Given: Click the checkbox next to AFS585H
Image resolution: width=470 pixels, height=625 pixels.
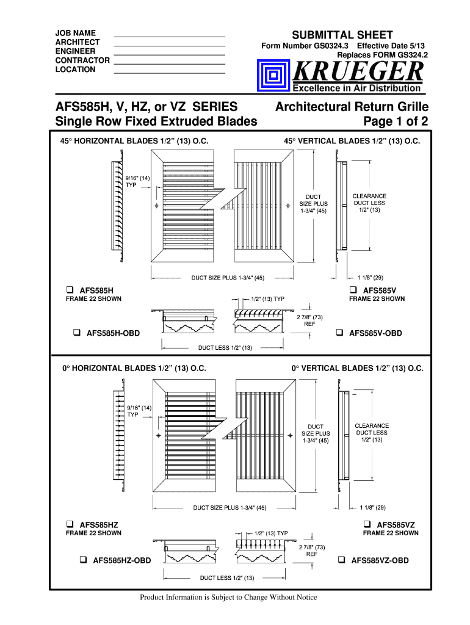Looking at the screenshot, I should pos(70,289).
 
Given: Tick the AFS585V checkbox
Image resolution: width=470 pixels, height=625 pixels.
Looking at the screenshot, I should pos(353,289).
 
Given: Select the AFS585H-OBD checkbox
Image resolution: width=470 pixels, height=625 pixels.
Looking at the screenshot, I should pos(77,333).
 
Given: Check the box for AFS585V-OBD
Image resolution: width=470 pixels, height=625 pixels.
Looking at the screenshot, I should pos(339,333).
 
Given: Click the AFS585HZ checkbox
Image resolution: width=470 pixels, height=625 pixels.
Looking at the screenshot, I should pos(70,524).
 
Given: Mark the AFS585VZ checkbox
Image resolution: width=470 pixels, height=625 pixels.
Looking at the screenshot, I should pos(367,524).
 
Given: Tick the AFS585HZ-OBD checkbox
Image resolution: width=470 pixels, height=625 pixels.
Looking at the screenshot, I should pos(83,560).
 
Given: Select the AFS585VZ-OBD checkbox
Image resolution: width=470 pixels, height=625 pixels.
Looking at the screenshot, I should pos(342,560).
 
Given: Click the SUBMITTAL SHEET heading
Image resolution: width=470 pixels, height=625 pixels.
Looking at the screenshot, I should pos(342,35).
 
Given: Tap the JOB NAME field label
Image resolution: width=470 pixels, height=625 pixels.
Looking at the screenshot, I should pos(75,32).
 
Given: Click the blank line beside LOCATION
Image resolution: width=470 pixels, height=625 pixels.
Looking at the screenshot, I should pos(170,73).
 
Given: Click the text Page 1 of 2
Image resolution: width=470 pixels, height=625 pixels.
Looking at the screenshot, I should pos(396,121).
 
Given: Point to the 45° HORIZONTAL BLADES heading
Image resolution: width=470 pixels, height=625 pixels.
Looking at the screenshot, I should pos(134,141).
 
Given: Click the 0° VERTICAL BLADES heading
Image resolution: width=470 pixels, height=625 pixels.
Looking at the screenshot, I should pos(357,369).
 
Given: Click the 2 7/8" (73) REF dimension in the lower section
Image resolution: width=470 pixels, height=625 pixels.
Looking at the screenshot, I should pos(311,551).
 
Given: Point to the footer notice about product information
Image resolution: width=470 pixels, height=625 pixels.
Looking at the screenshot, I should pos(228,597).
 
